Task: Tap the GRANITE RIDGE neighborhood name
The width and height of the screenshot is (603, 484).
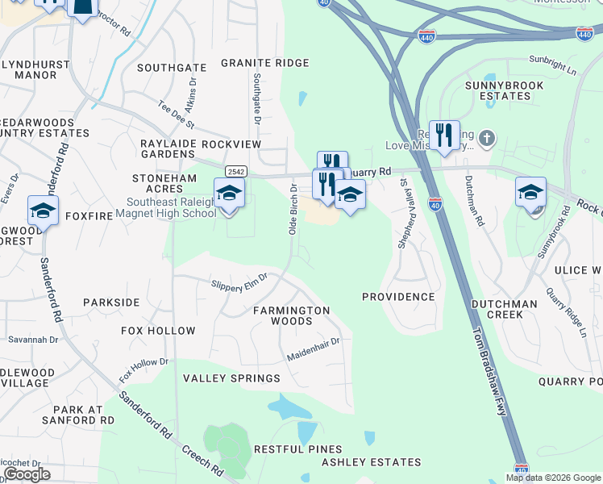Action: coord(264,63)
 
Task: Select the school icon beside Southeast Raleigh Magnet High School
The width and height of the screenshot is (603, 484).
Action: coord(229,194)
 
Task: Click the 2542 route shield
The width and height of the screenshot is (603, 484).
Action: coord(236,171)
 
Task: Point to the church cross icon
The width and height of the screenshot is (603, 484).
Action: coord(485,138)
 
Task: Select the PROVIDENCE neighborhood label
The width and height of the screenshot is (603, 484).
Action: coord(397,297)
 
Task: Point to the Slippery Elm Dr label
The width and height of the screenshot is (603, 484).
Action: coord(239,283)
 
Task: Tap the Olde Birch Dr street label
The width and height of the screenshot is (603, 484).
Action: coord(293,209)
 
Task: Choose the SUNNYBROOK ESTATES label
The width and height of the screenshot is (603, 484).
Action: coord(498,90)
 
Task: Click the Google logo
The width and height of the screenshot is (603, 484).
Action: coord(27,474)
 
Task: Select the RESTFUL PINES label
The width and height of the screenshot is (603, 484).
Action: coord(297,449)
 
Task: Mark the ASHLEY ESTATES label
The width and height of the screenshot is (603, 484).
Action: coord(371,462)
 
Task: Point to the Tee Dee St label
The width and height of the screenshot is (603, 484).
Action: coord(177,115)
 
